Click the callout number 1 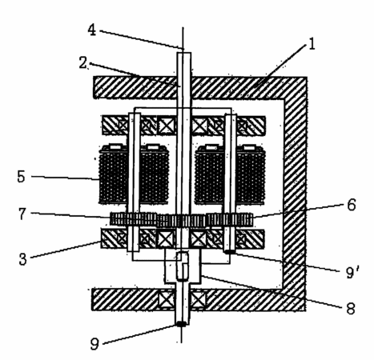(x=312, y=44)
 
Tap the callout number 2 (x=83, y=63)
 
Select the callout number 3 (x=23, y=258)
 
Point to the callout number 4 (x=92, y=30)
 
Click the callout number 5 (x=22, y=176)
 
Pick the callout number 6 (x=352, y=205)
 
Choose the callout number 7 (x=22, y=214)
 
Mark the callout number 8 (x=351, y=309)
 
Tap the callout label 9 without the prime (x=95, y=344)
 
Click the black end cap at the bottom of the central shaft (x=182, y=324)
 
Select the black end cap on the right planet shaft (x=230, y=251)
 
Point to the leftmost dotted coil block (x=113, y=175)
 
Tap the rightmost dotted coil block (x=251, y=175)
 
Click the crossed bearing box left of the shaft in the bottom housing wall (x=167, y=299)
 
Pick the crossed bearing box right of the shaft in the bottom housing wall (x=198, y=299)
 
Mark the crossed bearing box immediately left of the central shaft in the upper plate (x=167, y=126)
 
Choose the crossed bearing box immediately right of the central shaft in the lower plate (x=199, y=238)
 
